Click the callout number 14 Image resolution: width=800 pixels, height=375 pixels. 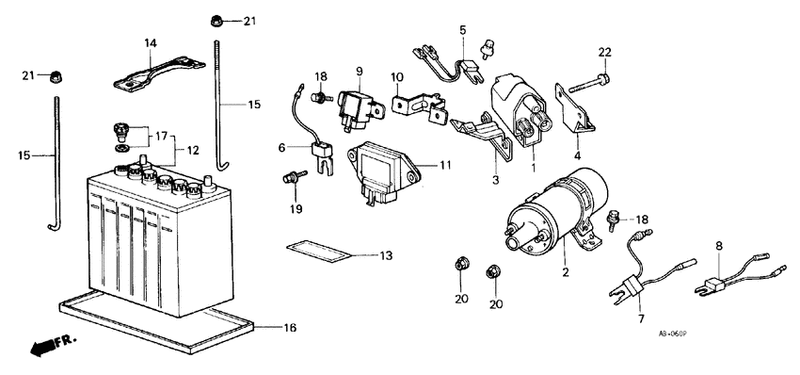pos(151,43)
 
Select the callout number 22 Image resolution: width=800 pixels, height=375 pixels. pos(604,51)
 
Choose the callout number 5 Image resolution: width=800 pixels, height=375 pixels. pos(462,31)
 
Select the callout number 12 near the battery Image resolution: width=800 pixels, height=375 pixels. pos(193,150)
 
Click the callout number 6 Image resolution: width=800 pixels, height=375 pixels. pos(282,147)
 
